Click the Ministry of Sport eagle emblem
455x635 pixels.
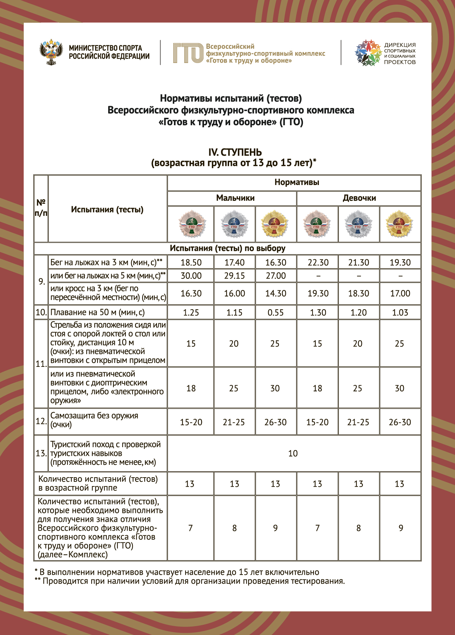coord(51,52)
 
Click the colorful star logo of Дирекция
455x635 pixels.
coord(368,53)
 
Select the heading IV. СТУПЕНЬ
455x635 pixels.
coord(235,152)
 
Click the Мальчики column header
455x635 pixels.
coord(235,198)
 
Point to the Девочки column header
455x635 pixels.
coord(359,198)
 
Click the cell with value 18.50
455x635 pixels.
coord(191,262)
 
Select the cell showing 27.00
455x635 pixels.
coord(276,276)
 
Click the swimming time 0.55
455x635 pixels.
coord(276,312)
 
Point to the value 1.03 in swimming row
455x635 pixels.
coord(400,312)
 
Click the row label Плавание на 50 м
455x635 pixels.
coord(98,312)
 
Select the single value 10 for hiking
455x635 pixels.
coord(293,454)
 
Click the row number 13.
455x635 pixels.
coord(41,454)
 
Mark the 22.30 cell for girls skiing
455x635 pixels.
coord(318,262)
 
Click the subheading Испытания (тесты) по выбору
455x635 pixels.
coord(227,248)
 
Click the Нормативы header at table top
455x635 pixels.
coord(297,183)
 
